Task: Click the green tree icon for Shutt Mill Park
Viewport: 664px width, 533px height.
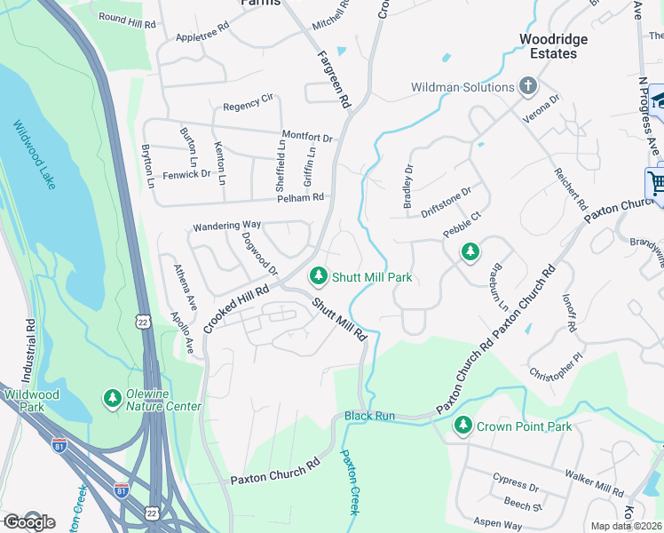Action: click(x=318, y=277)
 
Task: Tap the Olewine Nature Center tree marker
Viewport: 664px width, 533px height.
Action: click(x=112, y=399)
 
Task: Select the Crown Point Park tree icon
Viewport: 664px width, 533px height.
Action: click(x=462, y=426)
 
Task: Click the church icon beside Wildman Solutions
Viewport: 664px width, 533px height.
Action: click(x=528, y=87)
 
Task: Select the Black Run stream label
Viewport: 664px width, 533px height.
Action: click(x=368, y=416)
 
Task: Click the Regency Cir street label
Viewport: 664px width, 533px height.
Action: click(x=248, y=107)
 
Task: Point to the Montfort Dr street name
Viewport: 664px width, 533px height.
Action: click(x=306, y=138)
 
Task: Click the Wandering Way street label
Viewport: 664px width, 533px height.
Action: click(x=227, y=226)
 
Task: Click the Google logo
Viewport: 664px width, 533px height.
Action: click(x=28, y=521)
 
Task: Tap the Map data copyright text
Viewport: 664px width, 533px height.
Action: click(x=626, y=526)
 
